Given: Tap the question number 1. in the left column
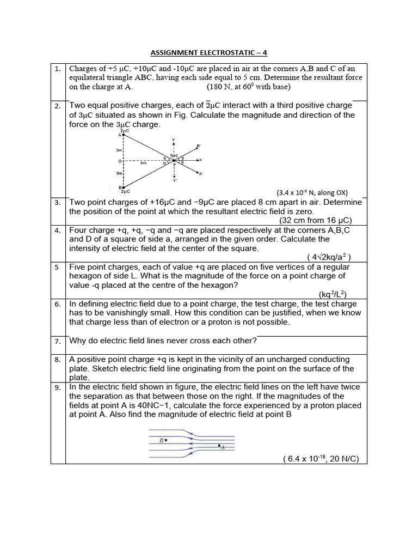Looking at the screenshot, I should (x=58, y=69).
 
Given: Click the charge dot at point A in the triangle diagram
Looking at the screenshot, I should (x=124, y=136).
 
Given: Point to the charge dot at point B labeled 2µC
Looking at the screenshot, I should (x=124, y=186).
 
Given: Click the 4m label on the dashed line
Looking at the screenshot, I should (x=143, y=162).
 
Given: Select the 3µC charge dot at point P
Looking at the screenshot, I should (x=174, y=160).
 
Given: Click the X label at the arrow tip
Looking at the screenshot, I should (x=200, y=160).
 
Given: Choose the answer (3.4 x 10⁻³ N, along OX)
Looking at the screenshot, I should (x=312, y=192).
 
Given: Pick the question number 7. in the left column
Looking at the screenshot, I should (x=58, y=341).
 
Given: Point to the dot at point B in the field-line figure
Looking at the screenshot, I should (x=166, y=439).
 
